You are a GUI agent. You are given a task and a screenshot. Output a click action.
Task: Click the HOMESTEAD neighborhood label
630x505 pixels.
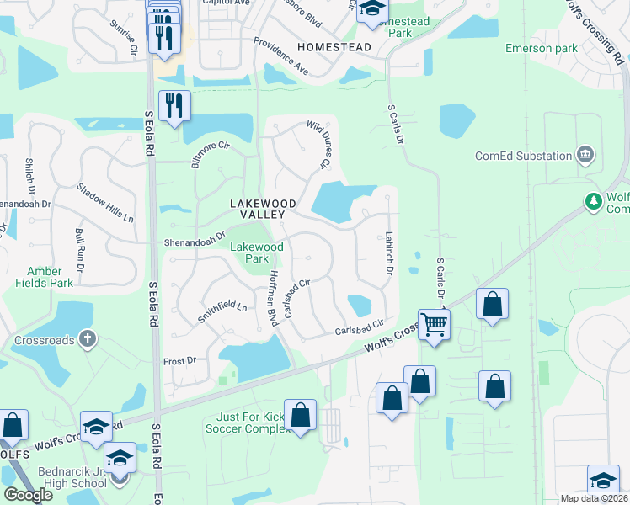[334, 47]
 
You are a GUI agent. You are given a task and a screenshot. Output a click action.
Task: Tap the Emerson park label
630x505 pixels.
[542, 48]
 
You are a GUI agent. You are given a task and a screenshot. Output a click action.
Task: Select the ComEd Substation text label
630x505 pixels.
[523, 156]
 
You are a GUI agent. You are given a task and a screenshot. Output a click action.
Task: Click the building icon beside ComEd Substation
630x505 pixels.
[585, 155]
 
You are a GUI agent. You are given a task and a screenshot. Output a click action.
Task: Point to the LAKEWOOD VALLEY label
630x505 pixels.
[264, 209]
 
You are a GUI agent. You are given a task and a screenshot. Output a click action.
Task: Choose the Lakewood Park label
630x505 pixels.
[257, 252]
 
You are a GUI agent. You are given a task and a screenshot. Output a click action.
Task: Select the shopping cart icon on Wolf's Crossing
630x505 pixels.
[434, 322]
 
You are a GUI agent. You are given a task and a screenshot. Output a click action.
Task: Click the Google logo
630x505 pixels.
[28, 495]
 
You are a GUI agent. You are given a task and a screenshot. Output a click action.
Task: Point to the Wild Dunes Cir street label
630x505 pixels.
[318, 143]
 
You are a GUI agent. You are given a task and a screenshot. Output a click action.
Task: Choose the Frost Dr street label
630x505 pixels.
[179, 359]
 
